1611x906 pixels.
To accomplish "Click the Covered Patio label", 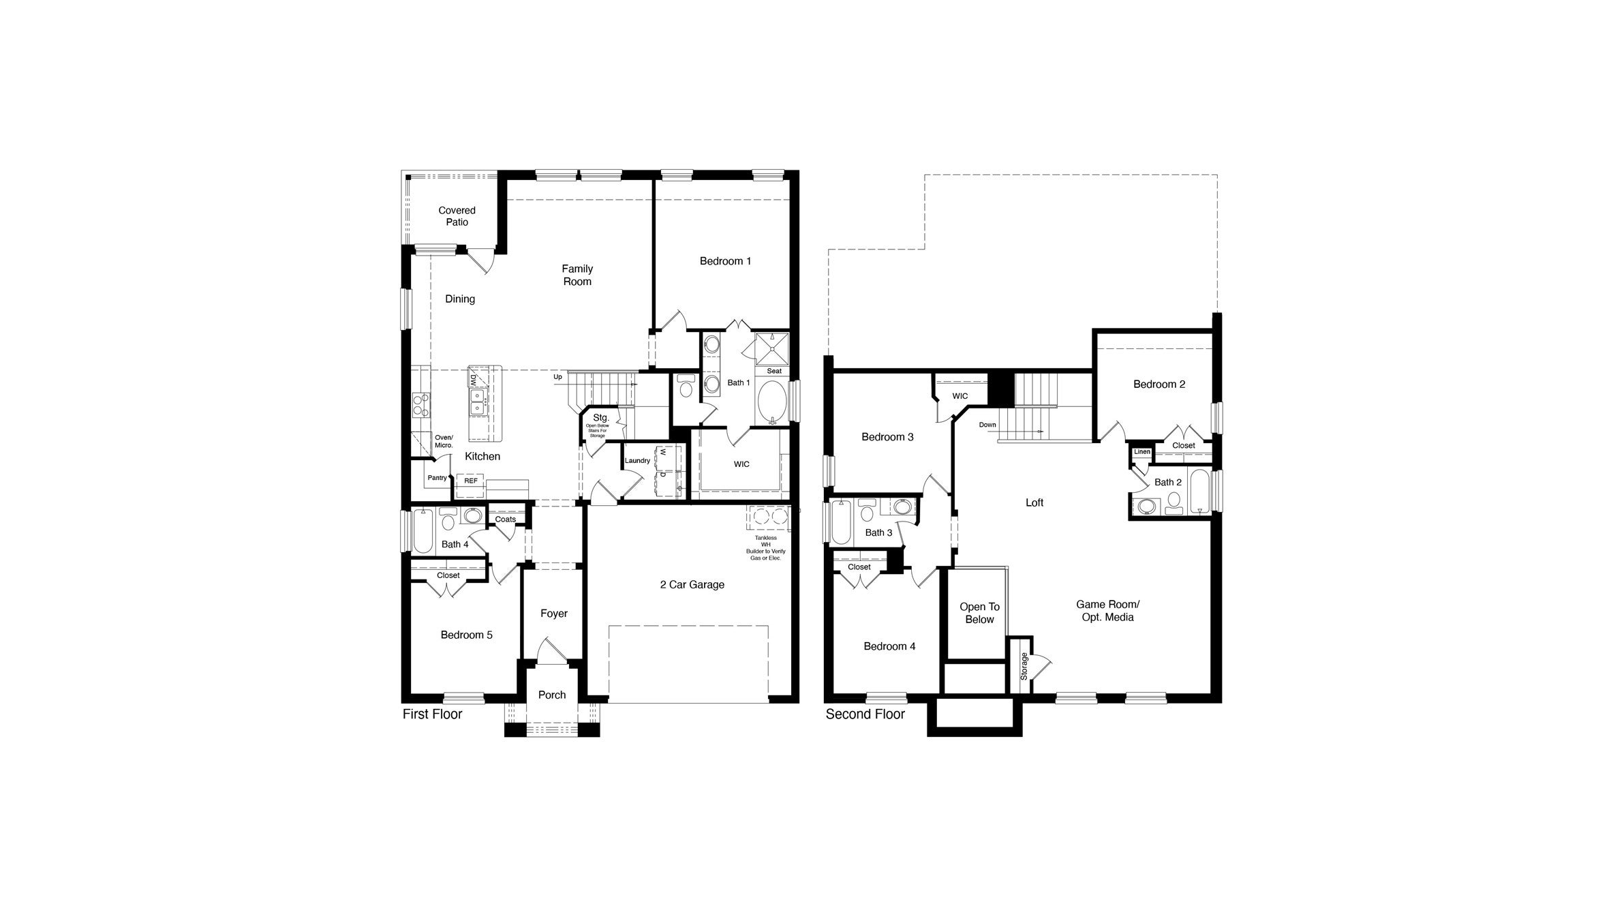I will pyautogui.click(x=457, y=216).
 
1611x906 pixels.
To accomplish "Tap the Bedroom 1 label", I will pyautogui.click(x=725, y=261).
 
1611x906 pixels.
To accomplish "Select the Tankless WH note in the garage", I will pyautogui.click(x=765, y=547).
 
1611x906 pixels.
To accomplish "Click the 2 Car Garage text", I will pyautogui.click(x=692, y=584).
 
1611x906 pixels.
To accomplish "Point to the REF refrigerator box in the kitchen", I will pyautogui.click(x=471, y=481).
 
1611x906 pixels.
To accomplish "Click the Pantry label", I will pyautogui.click(x=437, y=478).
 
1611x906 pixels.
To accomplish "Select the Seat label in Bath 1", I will pyautogui.click(x=774, y=371).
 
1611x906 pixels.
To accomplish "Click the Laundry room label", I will pyautogui.click(x=637, y=461).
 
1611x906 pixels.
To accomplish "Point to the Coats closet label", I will pyautogui.click(x=505, y=519).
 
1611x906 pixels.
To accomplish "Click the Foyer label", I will pyautogui.click(x=553, y=614).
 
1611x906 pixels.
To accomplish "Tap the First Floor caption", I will pyautogui.click(x=432, y=714).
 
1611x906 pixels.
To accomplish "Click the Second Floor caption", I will pyautogui.click(x=865, y=714).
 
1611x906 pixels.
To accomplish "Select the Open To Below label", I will pyautogui.click(x=979, y=613).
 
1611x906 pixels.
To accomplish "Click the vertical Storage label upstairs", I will pyautogui.click(x=1024, y=666).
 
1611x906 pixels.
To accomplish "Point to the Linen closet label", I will pyautogui.click(x=1142, y=452).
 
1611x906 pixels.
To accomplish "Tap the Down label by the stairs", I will pyautogui.click(x=987, y=425).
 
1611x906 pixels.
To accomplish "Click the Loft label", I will pyautogui.click(x=1034, y=502).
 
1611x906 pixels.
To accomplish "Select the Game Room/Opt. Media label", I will pyautogui.click(x=1107, y=611).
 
